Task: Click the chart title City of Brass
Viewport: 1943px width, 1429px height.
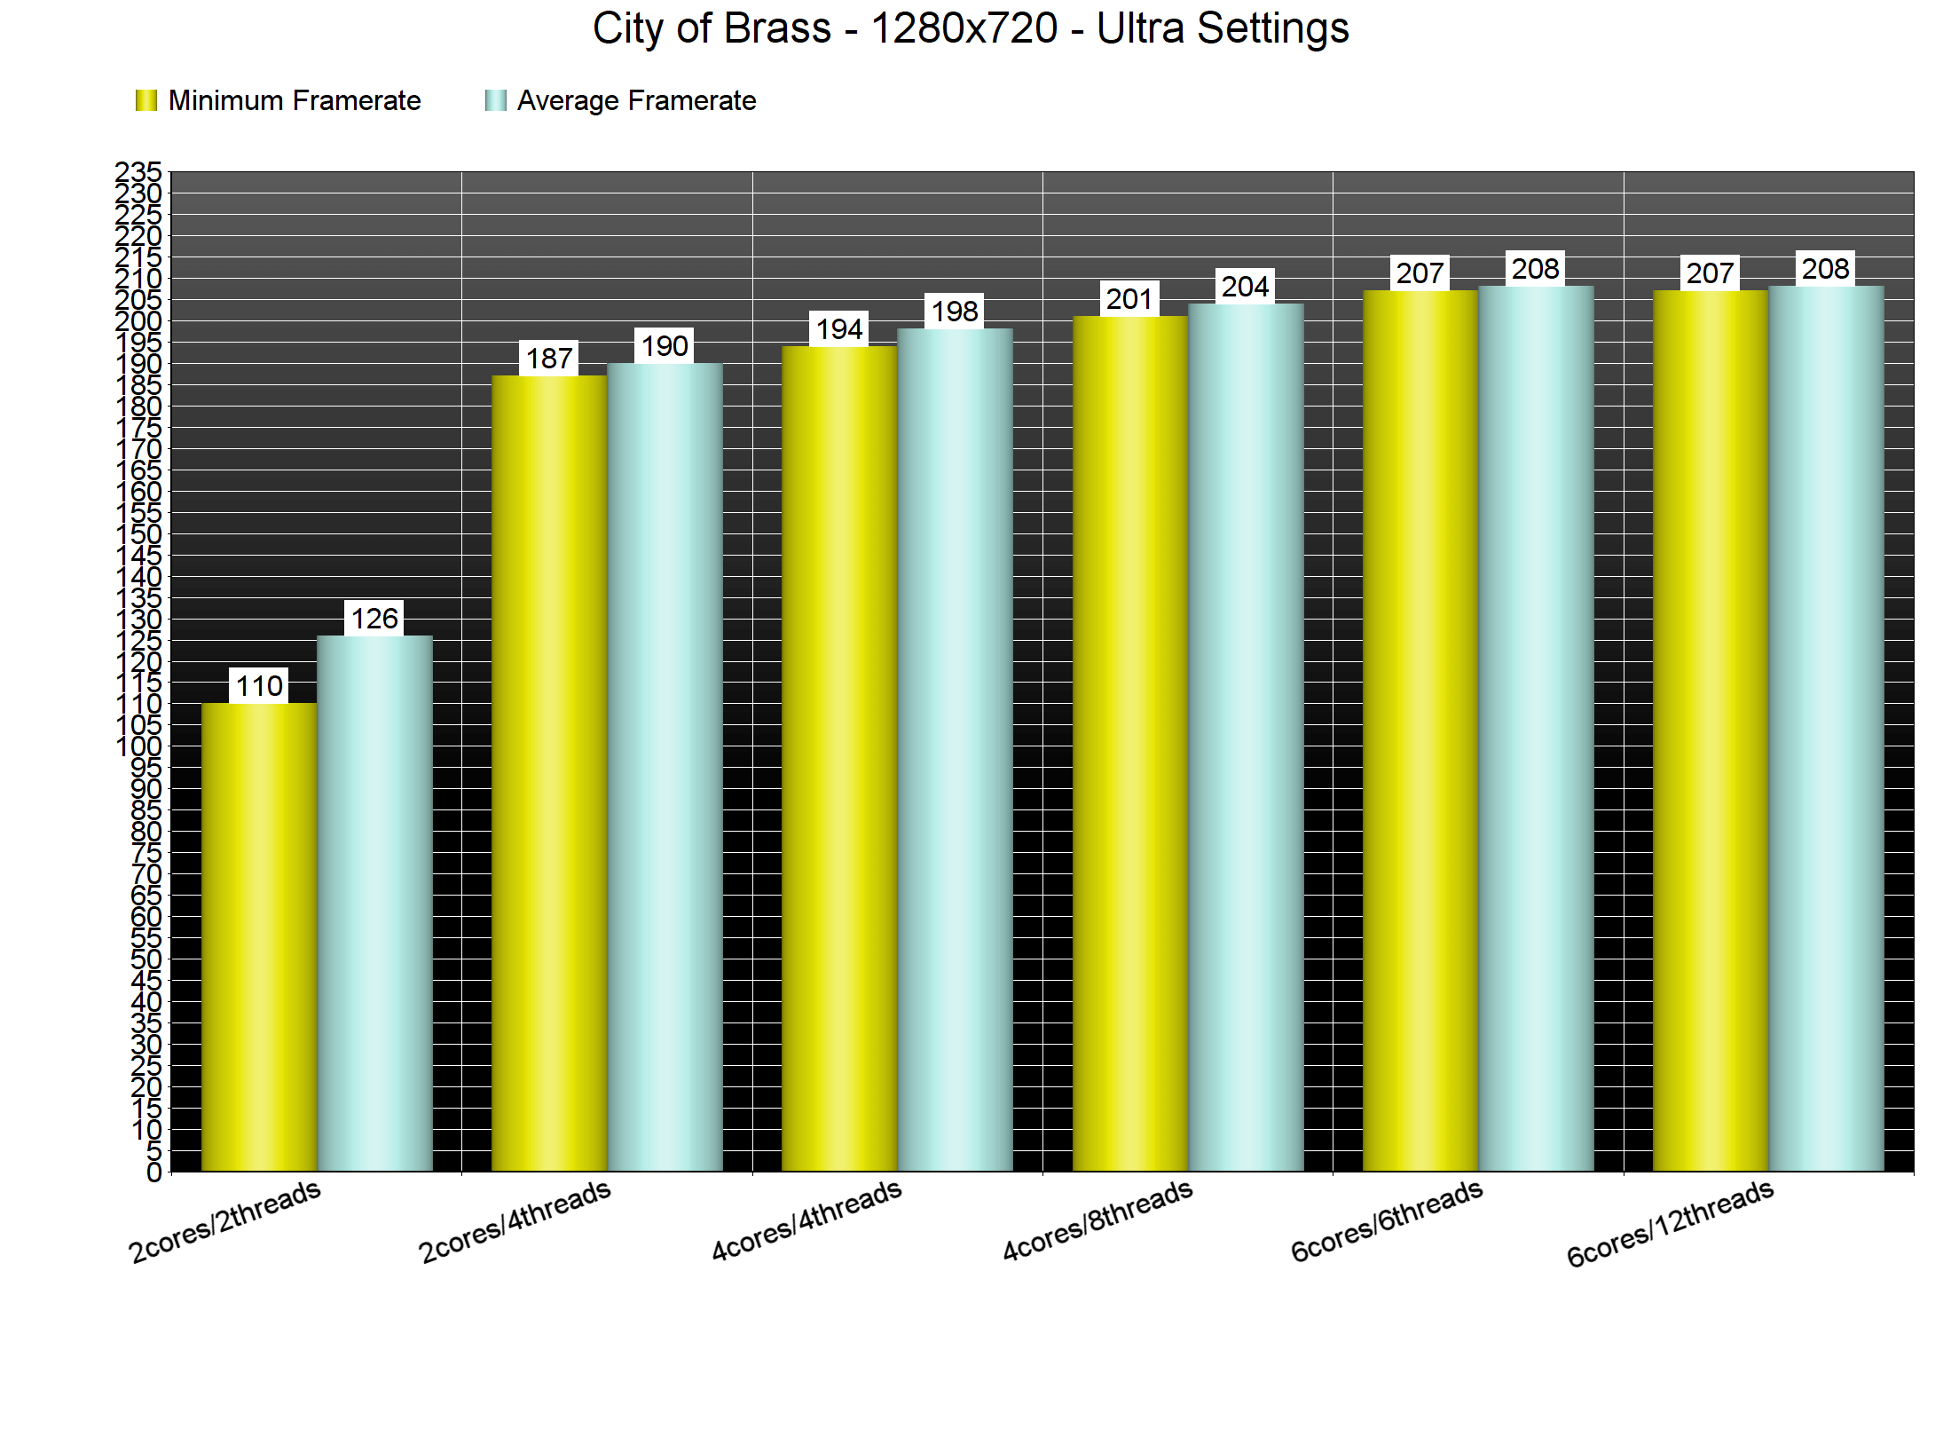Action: click(971, 28)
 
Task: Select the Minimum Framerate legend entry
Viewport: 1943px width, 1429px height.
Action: click(278, 101)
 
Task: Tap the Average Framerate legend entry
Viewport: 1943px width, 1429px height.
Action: click(620, 101)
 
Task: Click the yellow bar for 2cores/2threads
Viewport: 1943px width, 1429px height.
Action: click(259, 936)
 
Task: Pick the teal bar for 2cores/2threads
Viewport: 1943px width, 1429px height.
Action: click(374, 903)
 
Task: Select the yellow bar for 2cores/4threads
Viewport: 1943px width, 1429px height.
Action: click(549, 772)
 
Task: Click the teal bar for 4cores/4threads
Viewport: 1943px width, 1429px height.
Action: click(955, 750)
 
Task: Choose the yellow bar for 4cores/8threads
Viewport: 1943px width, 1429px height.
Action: click(1129, 743)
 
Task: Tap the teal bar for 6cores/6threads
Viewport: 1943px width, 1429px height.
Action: click(1536, 728)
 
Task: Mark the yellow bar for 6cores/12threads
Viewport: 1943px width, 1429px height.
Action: click(1710, 730)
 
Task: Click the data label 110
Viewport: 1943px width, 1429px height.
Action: click(259, 686)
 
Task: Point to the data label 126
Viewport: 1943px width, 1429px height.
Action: click(374, 619)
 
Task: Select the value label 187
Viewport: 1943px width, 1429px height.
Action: click(549, 359)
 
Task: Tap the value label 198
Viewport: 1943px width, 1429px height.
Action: click(955, 312)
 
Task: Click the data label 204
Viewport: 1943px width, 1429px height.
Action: click(1245, 287)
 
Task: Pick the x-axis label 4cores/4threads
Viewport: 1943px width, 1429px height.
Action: click(806, 1220)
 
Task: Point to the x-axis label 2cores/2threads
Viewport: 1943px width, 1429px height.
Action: click(224, 1221)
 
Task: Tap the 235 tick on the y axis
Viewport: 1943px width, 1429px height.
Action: click(139, 171)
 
